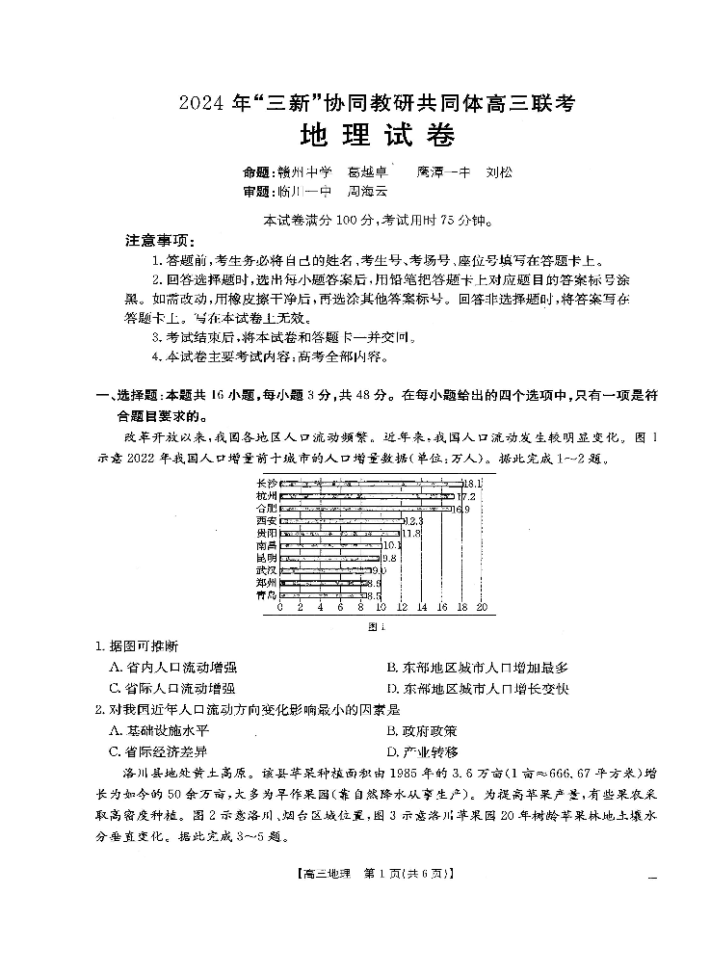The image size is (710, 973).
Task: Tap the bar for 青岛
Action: [324, 595]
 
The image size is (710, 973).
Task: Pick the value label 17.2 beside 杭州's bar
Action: [466, 496]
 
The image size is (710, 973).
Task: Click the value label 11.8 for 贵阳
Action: [411, 533]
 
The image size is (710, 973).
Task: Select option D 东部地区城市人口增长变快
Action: [478, 689]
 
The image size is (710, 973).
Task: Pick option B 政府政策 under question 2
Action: [422, 731]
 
